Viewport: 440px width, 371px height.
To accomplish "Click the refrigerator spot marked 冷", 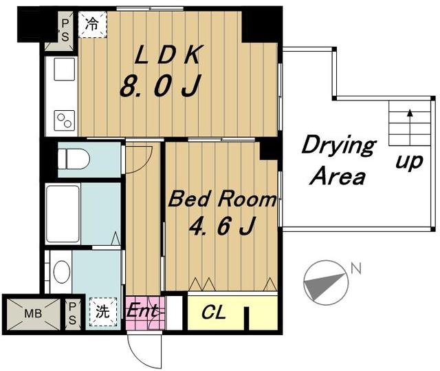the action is pos(92,24).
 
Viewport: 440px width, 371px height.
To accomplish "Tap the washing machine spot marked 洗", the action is pos(103,312).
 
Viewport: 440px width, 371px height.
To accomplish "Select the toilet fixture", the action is pos(74,159).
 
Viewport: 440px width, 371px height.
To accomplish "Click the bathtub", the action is pos(63,214).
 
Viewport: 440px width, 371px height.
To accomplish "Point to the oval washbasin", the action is pos(62,272).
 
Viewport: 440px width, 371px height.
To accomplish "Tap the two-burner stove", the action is pos(65,120).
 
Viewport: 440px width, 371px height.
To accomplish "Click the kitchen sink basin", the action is pos(65,69).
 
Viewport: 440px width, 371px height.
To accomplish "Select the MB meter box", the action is pos(34,314).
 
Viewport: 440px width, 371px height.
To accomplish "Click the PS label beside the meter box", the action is pos(72,313).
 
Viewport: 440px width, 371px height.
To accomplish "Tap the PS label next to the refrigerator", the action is pos(65,30).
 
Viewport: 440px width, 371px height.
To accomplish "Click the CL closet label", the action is pos(214,312).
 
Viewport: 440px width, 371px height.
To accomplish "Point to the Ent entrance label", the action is pos(142,310).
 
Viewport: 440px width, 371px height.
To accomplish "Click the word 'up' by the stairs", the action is pos(409,162).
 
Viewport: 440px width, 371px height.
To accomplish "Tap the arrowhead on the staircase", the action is pos(410,113).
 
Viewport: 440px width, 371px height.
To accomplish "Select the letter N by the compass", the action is pos(356,268).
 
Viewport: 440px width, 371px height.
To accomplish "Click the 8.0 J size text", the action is pos(160,85).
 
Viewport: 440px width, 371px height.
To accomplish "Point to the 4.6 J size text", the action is pos(222,226).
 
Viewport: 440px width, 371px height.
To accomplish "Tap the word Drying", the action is pos(339,145).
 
